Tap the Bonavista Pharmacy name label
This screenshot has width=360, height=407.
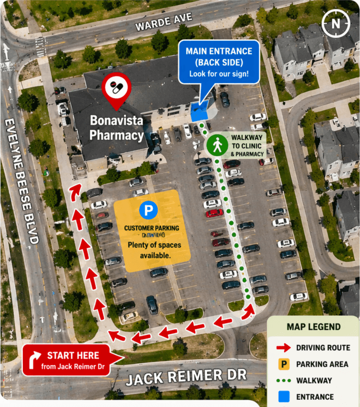[116, 128]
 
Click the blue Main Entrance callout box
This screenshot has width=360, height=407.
[219, 62]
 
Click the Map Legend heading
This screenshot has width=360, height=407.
[314, 327]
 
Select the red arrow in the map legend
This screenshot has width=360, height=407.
[284, 348]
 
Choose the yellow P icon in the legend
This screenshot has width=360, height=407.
[284, 364]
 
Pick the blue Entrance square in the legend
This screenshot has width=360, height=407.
[284, 397]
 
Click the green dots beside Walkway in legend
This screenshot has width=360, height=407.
[284, 380]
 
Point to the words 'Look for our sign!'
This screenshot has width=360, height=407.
[219, 73]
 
